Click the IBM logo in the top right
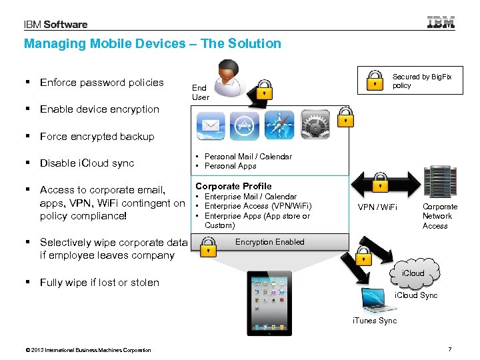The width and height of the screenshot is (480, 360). click(441, 22)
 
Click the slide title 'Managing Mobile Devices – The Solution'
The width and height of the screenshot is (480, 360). click(153, 44)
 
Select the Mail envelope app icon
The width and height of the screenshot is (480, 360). click(211, 125)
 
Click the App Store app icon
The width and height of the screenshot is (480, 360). click(245, 125)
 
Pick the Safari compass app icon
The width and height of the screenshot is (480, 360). click(279, 125)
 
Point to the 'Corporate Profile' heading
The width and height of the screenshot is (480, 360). click(233, 186)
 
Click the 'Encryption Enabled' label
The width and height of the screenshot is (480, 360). click(270, 242)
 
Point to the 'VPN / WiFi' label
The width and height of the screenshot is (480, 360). click(377, 207)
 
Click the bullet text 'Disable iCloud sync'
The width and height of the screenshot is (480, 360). click(87, 163)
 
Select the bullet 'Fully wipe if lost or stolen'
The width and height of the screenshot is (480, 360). click(99, 283)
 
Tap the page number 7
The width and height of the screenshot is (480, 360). click(450, 350)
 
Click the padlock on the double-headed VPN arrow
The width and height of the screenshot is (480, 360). click(379, 181)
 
